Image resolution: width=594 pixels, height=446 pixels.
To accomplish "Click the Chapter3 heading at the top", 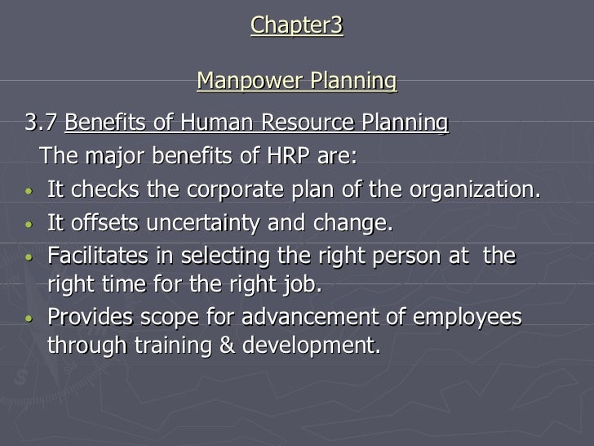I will tap(297, 25).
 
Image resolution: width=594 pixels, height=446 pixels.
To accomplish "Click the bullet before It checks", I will tap(29, 193).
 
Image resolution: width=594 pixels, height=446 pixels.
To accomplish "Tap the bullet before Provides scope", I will tap(29, 319).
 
